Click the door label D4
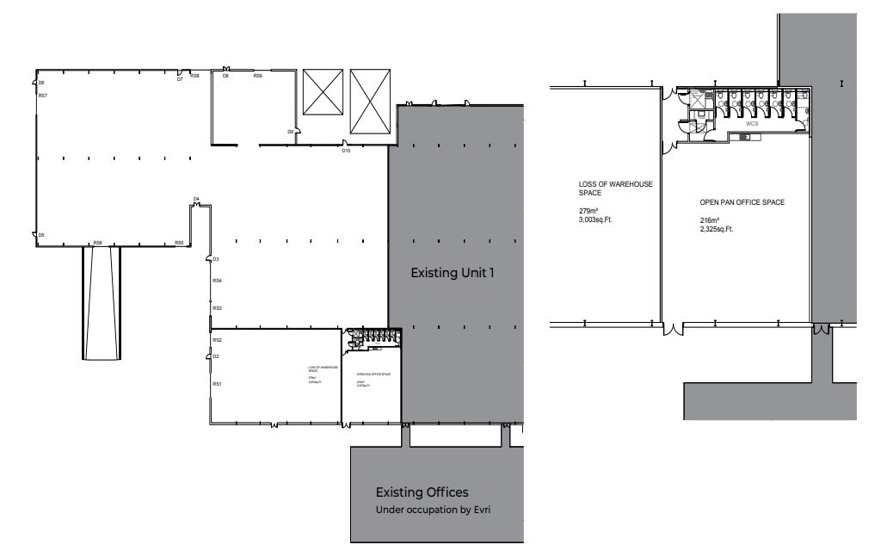pos(196,199)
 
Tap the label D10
pos(346,151)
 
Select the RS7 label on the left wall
pos(42,96)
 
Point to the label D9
pos(291,132)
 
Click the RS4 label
pos(218,282)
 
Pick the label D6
pos(41,83)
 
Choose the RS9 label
pos(257,77)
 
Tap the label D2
pos(216,356)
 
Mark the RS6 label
pos(98,243)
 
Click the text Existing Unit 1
pos(456,274)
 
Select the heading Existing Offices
pos(422,492)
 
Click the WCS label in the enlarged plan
pos(752,124)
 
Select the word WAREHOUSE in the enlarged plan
pos(629,184)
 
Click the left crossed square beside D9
pos(323,92)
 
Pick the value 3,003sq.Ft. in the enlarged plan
pos(601,220)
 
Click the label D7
pos(180,79)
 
